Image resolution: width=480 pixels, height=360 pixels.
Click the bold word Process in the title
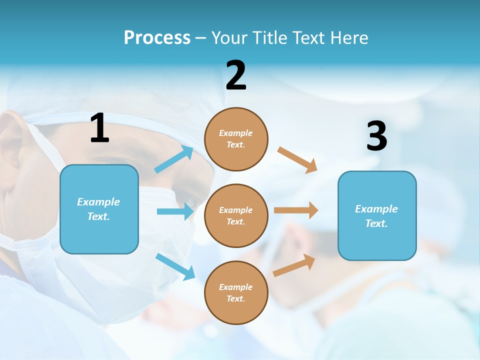pyautogui.click(x=157, y=38)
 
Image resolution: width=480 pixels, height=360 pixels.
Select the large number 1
pyautogui.click(x=99, y=128)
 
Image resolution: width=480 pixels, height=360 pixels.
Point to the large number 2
pyautogui.click(x=236, y=75)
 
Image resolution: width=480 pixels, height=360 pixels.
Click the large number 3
pyautogui.click(x=376, y=136)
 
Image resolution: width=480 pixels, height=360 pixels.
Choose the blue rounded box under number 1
pyautogui.click(x=99, y=209)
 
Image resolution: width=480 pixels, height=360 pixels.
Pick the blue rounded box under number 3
pyautogui.click(x=377, y=215)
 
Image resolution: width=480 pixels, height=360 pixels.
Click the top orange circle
pyautogui.click(x=236, y=139)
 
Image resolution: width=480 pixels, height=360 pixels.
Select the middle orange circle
pyautogui.click(x=236, y=215)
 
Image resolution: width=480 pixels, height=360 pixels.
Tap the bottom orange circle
pyautogui.click(x=236, y=292)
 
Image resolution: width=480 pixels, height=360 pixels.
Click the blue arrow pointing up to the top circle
pyautogui.click(x=174, y=159)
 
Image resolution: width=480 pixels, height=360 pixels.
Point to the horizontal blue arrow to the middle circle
pyautogui.click(x=175, y=211)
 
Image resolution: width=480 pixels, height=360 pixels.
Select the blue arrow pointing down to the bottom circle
pyautogui.click(x=175, y=266)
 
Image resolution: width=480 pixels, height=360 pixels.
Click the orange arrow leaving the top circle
pyautogui.click(x=297, y=159)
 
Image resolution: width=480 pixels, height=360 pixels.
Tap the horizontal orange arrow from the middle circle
pyautogui.click(x=296, y=210)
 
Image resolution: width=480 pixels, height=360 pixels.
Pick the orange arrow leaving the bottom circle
pyautogui.click(x=294, y=265)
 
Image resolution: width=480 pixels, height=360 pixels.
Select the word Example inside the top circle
pyautogui.click(x=235, y=133)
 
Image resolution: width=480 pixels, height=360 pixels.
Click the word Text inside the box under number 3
pyautogui.click(x=376, y=223)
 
